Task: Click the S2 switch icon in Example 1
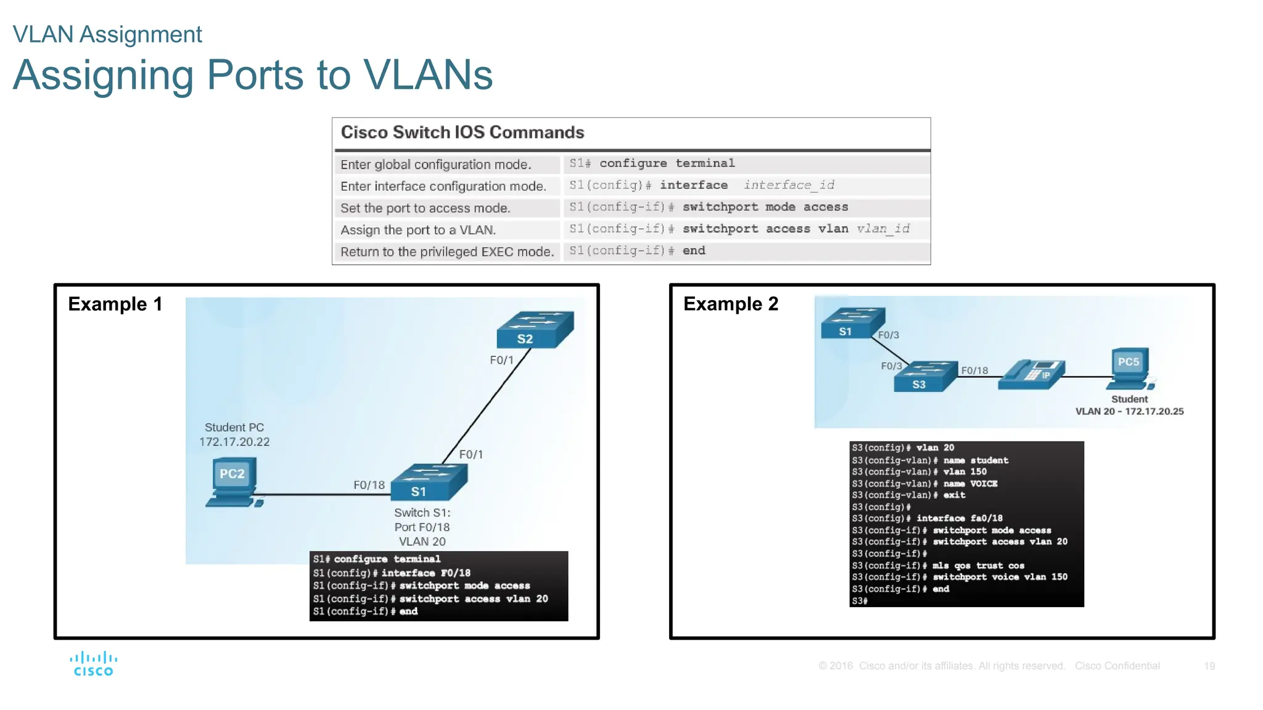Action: click(535, 330)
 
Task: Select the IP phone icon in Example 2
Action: click(1032, 374)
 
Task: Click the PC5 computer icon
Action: click(1132, 369)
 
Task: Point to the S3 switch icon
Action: click(924, 377)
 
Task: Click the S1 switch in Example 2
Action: click(852, 324)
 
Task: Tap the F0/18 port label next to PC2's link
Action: click(369, 485)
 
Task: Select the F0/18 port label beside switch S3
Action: click(974, 370)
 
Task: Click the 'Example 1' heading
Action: click(115, 304)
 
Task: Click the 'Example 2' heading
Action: click(731, 304)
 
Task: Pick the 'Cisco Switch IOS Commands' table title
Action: click(462, 133)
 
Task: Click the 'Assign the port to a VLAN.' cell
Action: click(418, 230)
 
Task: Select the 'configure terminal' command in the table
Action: click(667, 163)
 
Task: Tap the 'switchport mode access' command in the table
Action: click(765, 207)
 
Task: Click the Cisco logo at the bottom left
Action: click(93, 664)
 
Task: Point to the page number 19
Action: click(1209, 666)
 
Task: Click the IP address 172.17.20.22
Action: click(234, 442)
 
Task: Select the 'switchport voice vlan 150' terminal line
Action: click(999, 577)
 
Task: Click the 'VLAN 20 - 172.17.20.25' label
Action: click(1129, 411)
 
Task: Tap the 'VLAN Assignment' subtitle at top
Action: click(107, 35)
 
